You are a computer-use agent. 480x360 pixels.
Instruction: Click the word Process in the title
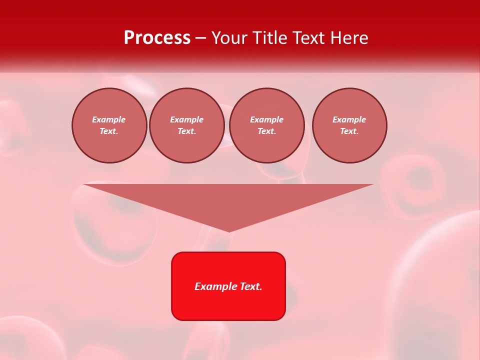point(157,38)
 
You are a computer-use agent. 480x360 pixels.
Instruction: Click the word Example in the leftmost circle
point(109,119)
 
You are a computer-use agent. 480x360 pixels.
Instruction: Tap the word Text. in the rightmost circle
point(349,131)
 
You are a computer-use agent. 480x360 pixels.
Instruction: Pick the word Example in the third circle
point(267,119)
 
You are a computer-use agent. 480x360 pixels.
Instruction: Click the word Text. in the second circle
point(187,131)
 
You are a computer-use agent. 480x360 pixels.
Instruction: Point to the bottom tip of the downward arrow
point(229,230)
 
